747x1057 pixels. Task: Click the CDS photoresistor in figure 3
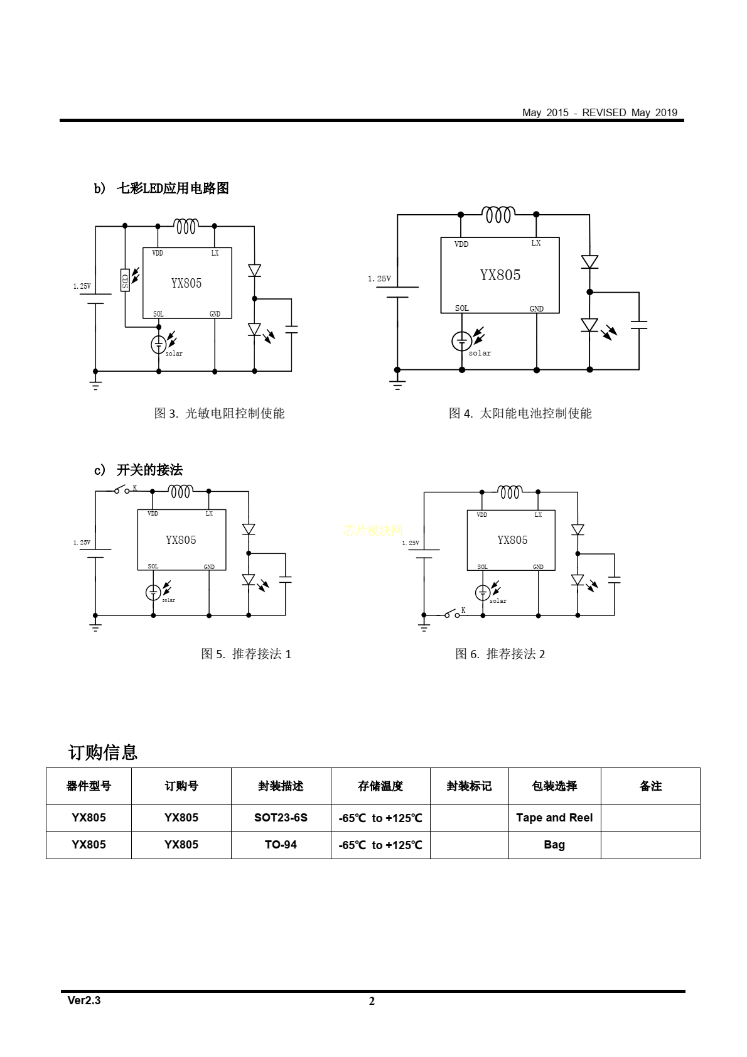click(125, 279)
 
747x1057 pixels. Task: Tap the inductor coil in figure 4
click(498, 215)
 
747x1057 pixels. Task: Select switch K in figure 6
click(451, 614)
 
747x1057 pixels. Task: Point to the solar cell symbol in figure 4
click(462, 341)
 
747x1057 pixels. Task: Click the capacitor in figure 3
click(291, 328)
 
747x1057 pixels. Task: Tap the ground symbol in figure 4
click(397, 383)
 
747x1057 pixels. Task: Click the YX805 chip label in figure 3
click(186, 283)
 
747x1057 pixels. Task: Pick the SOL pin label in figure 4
click(462, 308)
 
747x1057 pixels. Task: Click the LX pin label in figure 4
click(535, 243)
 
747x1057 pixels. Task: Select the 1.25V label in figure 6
click(411, 543)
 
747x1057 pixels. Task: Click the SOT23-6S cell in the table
click(281, 818)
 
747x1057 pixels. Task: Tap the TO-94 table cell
click(281, 845)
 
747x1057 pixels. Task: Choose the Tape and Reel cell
click(554, 818)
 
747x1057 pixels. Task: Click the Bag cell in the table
click(554, 845)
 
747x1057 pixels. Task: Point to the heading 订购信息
click(103, 752)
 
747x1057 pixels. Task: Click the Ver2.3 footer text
click(84, 1000)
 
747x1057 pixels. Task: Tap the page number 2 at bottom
click(372, 1001)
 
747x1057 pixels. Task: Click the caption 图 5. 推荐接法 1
click(246, 654)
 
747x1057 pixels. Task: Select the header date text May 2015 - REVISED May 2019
click(599, 112)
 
